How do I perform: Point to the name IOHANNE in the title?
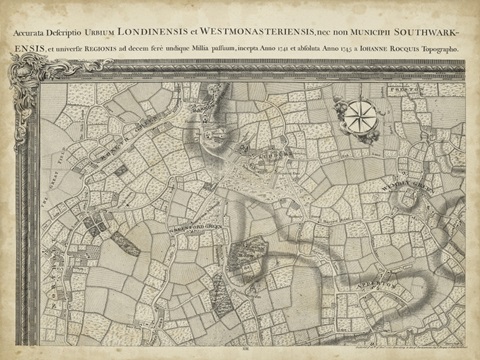pyautogui.click(x=380, y=46)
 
